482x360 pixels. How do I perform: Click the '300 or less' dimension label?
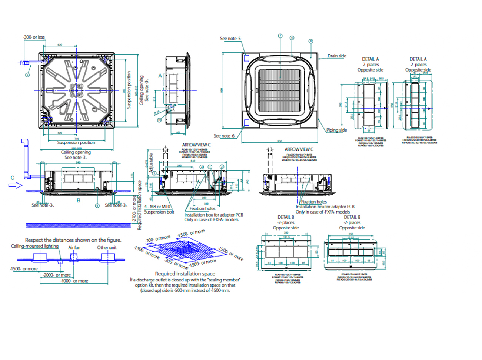coord(34,37)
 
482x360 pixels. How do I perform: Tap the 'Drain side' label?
coord(337,56)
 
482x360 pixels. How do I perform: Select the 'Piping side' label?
coord(336,130)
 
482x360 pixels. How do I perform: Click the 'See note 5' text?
coord(230,39)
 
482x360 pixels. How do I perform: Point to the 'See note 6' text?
coord(224,136)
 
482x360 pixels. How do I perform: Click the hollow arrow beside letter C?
coord(15,185)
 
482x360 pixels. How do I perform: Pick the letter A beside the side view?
coord(160,76)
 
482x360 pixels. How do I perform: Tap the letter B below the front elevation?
coord(79,201)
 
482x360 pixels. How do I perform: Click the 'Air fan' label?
coord(74,248)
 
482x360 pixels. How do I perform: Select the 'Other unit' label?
coord(107,248)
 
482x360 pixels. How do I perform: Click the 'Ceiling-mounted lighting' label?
coord(35,246)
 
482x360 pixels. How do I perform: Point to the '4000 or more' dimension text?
coord(74,281)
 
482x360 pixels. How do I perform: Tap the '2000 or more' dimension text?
coord(57,275)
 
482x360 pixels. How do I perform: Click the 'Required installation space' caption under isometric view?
coord(185,274)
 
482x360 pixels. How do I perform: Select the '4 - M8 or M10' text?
coord(157,207)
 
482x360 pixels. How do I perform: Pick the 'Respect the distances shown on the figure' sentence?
coord(73,240)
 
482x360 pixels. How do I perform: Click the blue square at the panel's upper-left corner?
coord(246,58)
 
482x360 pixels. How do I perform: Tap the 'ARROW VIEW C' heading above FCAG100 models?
coord(196,145)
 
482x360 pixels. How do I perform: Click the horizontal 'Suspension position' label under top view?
coord(76,143)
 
